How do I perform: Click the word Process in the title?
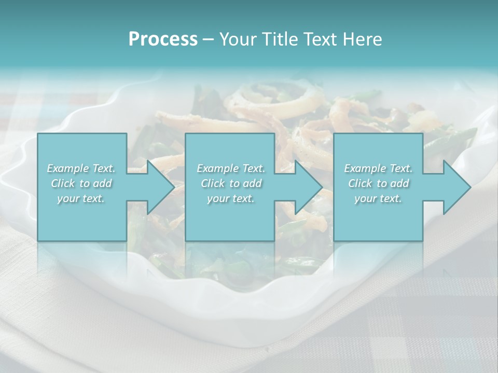point(163,39)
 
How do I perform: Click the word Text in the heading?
point(319,39)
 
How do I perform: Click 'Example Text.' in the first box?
point(81,168)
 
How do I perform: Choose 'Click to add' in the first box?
point(81,183)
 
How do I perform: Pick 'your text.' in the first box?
point(81,198)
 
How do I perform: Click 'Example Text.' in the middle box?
point(230,168)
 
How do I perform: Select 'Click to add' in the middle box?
point(230,183)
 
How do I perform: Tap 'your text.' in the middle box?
point(230,198)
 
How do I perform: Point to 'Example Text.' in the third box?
point(378,168)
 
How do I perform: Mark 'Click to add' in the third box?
point(378,183)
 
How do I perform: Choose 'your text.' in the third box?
point(378,198)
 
